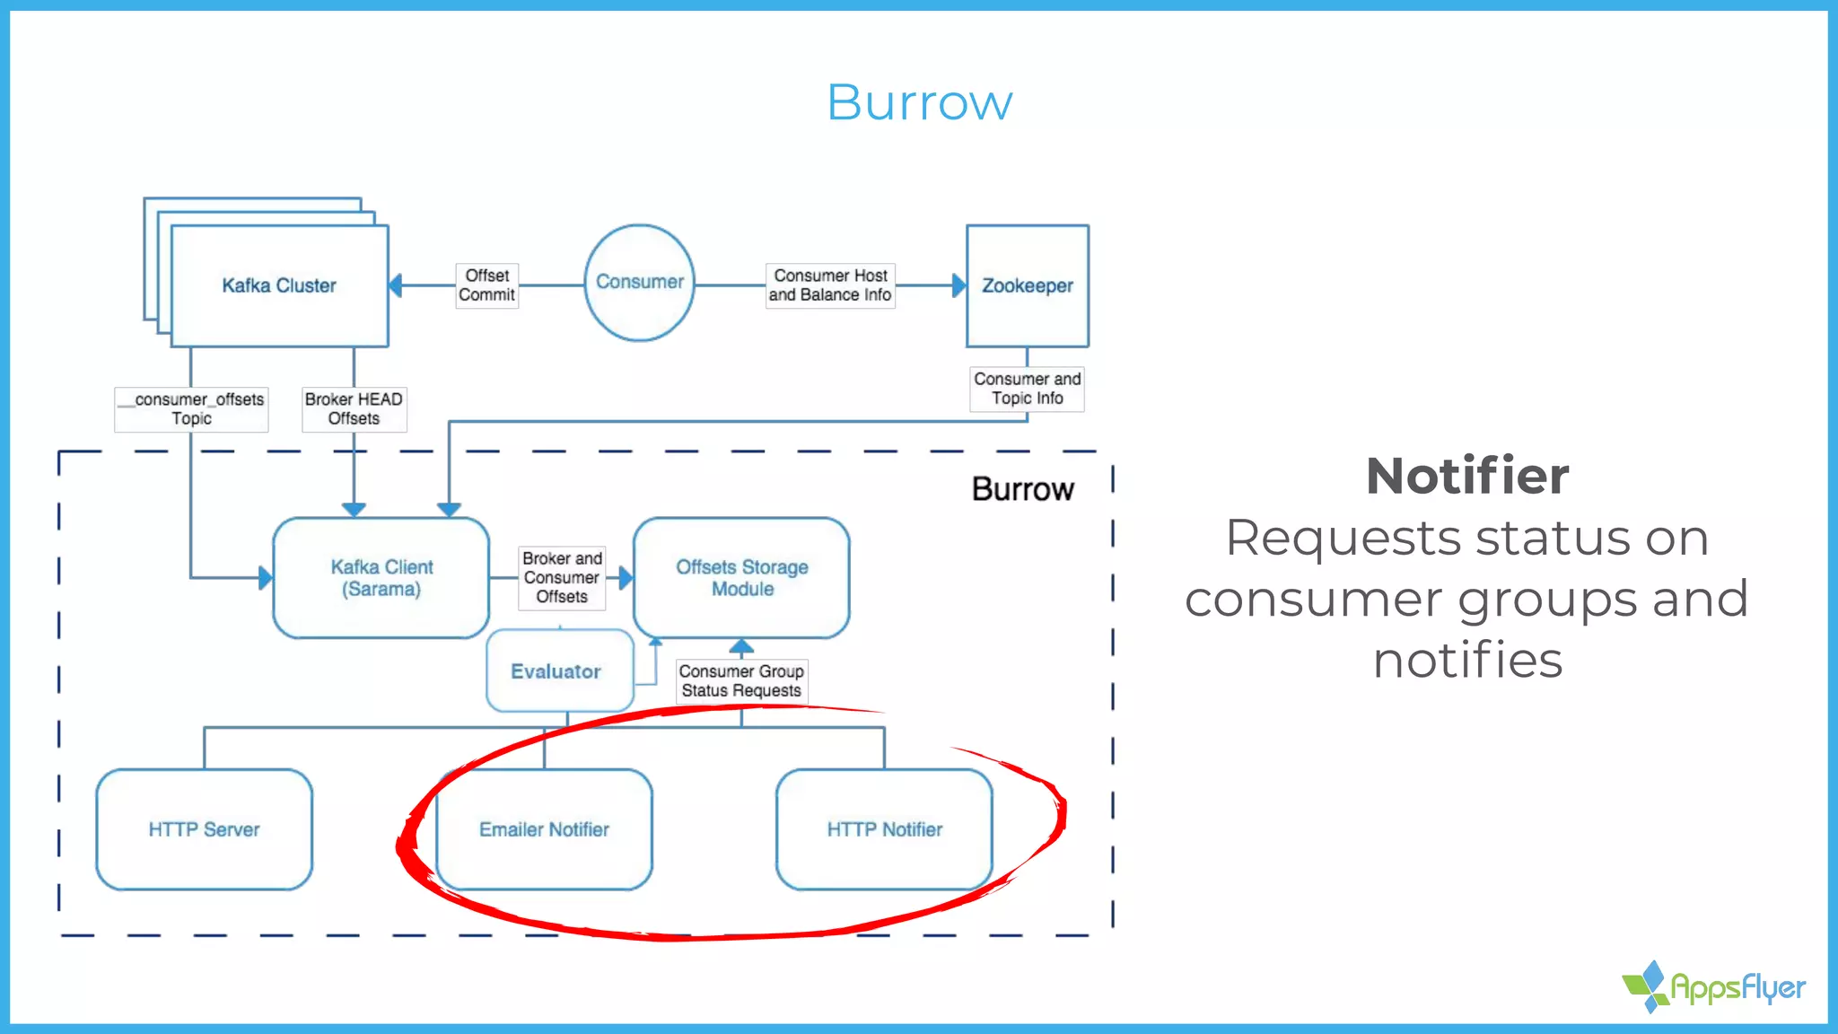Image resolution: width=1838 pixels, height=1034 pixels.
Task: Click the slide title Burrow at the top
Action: tap(919, 102)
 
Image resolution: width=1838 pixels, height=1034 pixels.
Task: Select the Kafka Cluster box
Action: tap(279, 285)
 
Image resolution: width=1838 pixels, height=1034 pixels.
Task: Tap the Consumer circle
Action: tap(639, 282)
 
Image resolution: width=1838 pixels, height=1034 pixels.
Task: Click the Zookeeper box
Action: tap(1027, 285)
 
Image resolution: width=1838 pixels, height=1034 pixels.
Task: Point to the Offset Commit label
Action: tap(486, 285)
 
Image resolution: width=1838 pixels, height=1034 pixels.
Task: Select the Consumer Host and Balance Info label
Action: tap(830, 285)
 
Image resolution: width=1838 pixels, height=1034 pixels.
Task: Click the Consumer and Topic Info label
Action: tap(1027, 389)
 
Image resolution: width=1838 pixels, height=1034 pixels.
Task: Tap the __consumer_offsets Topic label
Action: tap(192, 408)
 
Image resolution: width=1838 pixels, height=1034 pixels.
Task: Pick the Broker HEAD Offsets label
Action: tap(354, 408)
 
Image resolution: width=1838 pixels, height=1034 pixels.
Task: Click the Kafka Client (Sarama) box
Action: tap(381, 578)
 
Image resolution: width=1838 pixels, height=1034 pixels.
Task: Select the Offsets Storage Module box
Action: tap(741, 578)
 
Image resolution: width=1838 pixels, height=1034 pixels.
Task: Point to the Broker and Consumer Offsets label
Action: tap(562, 577)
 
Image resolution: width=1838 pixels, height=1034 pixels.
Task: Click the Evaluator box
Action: tap(556, 671)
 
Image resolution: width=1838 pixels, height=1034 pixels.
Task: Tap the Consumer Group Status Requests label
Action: tap(741, 681)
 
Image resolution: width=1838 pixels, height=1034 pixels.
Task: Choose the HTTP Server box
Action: tap(204, 829)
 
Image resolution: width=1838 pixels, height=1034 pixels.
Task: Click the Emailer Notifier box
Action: tap(544, 829)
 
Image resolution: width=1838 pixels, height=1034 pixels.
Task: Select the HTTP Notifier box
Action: tap(884, 829)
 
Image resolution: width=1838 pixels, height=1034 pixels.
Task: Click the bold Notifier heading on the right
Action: tap(1467, 476)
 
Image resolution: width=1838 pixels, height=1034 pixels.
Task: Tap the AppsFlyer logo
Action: tap(1714, 987)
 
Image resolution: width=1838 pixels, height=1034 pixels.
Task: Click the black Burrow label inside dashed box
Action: tap(1022, 489)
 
